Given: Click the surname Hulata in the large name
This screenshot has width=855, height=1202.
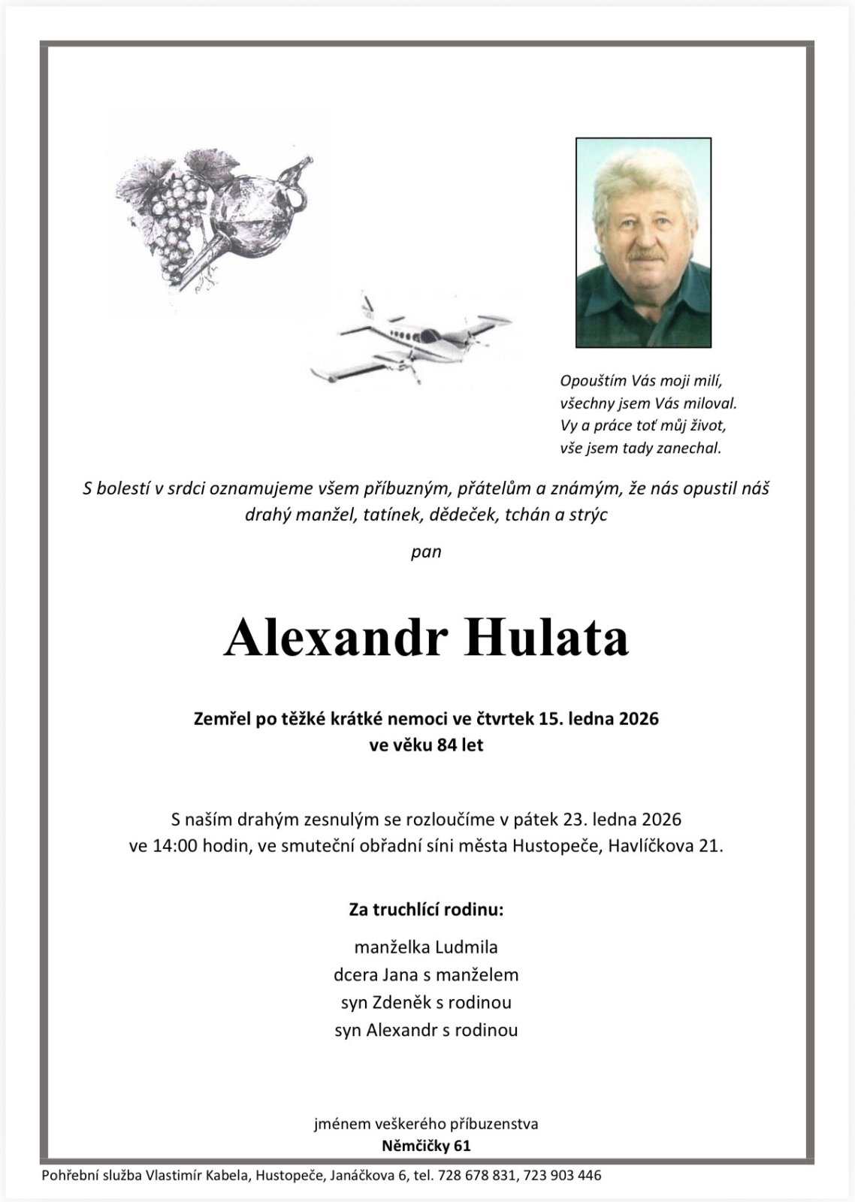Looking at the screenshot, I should [x=547, y=638].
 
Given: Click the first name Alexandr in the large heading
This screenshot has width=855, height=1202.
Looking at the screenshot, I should [x=336, y=638].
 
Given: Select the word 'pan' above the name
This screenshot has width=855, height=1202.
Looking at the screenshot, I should [x=426, y=551].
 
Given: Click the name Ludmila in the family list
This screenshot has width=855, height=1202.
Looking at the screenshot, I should [x=466, y=947].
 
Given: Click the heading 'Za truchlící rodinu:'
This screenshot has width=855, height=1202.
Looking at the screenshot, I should [x=426, y=911].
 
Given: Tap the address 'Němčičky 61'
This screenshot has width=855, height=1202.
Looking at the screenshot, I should [x=426, y=1146].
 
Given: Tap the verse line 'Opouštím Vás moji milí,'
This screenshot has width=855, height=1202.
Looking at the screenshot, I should [x=641, y=380].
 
